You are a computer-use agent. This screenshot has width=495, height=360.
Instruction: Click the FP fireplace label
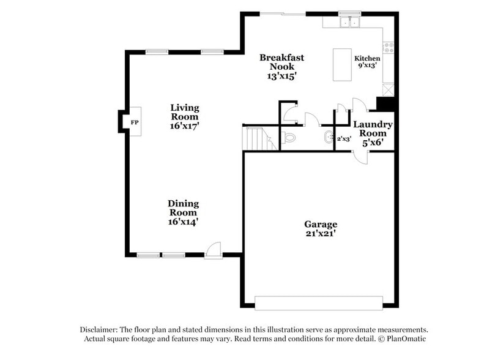point(135,122)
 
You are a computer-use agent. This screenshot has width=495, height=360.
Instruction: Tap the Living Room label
point(184,112)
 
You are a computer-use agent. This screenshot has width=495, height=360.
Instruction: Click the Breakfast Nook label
point(281,62)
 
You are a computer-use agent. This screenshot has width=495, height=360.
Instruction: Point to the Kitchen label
point(367,59)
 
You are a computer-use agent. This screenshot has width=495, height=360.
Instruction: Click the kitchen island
point(342,64)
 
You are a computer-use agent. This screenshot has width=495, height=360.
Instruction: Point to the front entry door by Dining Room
point(213,250)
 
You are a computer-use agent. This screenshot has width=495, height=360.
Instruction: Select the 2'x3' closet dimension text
point(344,139)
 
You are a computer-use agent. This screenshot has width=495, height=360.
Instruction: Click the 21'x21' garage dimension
point(321,234)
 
